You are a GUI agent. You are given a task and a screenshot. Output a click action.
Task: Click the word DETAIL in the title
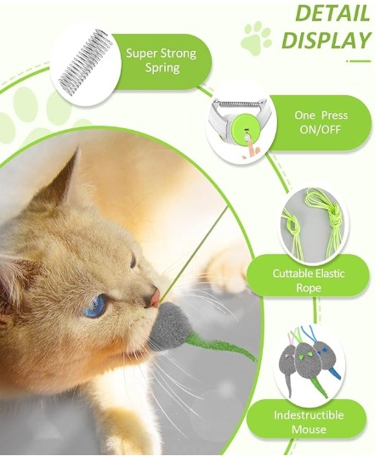coord(332,13)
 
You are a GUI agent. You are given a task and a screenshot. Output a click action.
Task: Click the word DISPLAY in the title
coord(326,40)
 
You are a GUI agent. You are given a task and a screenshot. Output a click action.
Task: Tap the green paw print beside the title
coord(256,39)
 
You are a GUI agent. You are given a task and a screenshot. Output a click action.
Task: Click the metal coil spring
coord(85,62)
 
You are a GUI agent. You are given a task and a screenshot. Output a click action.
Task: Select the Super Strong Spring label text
coord(162,60)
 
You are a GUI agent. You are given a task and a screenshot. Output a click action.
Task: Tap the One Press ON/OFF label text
coord(320,122)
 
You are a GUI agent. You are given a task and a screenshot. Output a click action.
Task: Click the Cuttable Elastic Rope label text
coord(309,280)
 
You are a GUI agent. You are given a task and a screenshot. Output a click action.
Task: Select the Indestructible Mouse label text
coord(309,422)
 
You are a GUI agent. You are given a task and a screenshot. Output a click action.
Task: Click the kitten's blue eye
coord(95,306)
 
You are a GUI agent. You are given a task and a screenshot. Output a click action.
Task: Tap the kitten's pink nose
coord(154,297)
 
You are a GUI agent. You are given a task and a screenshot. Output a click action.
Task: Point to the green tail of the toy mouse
coord(221,346)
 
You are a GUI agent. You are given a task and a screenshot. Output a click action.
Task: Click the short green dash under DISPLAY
coord(360,61)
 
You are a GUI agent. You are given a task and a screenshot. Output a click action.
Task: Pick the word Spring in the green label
coord(162,68)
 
